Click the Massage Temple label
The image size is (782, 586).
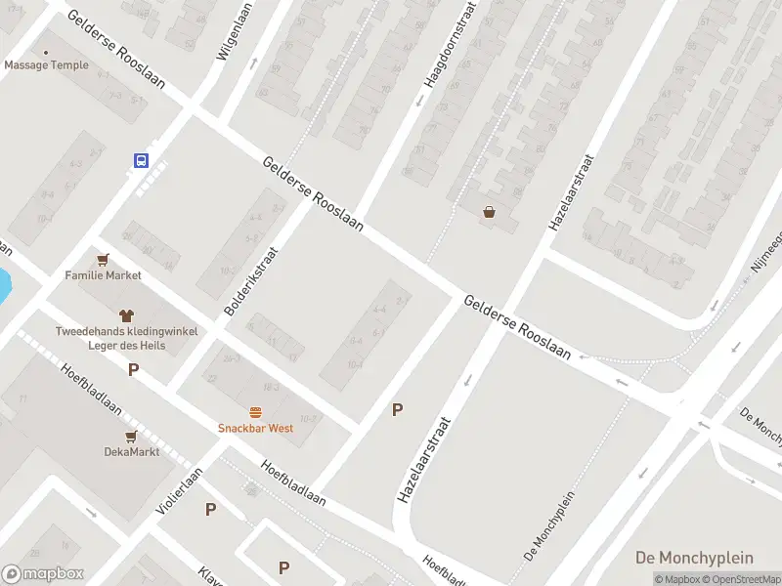click(45, 65)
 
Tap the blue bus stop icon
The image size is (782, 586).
click(142, 160)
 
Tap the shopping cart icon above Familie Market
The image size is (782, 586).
click(104, 260)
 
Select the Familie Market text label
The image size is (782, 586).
click(104, 275)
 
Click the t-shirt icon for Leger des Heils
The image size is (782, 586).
click(126, 315)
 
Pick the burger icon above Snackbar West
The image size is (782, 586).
click(255, 412)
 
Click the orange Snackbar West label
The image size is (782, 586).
click(255, 428)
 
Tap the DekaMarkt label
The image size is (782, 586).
click(131, 451)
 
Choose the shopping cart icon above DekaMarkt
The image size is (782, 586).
click(131, 436)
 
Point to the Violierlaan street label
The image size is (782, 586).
click(179, 491)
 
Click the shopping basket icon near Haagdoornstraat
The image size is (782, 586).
click(489, 212)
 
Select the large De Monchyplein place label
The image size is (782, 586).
click(694, 558)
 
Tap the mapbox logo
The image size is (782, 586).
click(43, 573)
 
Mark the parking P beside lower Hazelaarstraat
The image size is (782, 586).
click(397, 410)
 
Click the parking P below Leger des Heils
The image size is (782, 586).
click(133, 369)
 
